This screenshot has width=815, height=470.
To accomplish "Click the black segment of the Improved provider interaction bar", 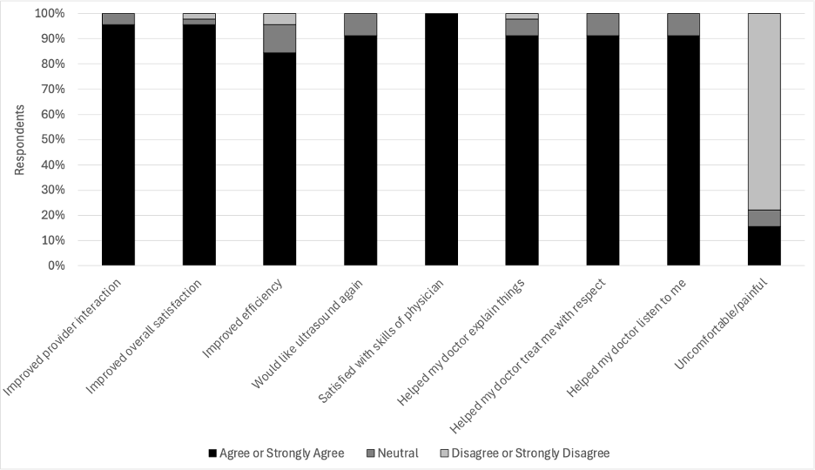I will [x=118, y=144].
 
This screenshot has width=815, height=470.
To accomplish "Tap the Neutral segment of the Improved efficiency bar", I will [x=280, y=38].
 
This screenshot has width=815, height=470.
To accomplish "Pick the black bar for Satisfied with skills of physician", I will [x=441, y=139].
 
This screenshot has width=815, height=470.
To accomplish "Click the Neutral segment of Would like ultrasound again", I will [x=360, y=24].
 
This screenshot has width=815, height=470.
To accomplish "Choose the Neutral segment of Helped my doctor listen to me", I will [x=684, y=24].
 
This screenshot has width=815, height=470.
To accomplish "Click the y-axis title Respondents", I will [x=19, y=140].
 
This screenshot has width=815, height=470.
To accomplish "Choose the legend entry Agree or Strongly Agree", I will [x=276, y=453].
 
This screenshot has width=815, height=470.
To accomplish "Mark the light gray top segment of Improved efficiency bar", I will [x=280, y=18].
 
